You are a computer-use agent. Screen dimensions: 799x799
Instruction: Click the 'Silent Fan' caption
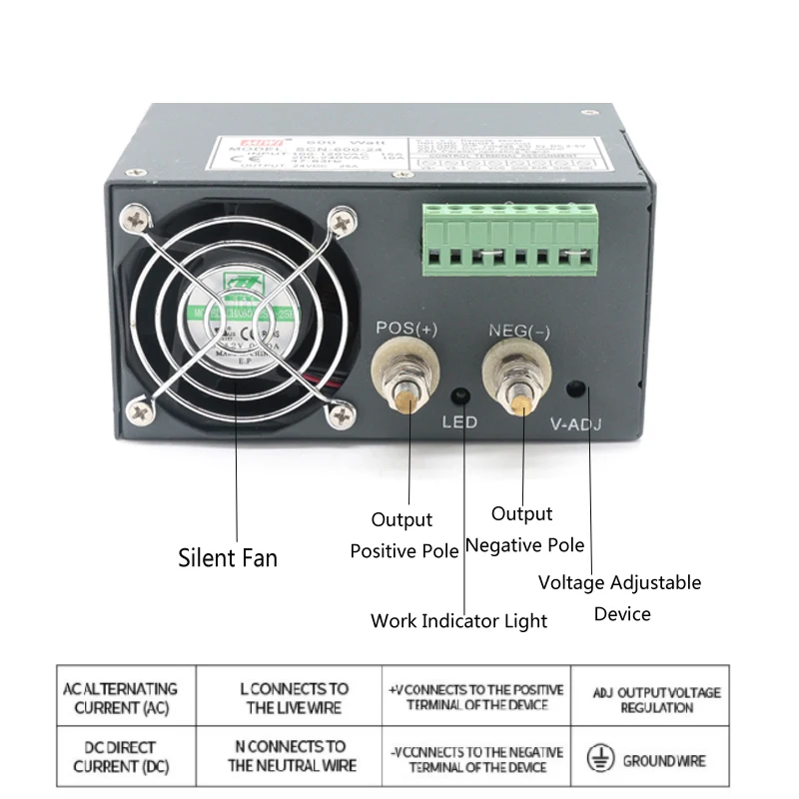[228, 556]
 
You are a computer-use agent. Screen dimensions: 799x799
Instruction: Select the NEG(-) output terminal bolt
[520, 375]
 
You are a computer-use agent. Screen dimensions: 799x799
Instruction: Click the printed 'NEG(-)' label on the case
[516, 331]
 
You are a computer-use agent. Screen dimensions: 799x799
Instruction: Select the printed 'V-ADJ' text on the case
[576, 423]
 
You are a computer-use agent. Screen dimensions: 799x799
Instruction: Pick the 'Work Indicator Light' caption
[458, 620]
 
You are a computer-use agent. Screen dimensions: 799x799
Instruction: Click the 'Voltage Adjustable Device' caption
[620, 597]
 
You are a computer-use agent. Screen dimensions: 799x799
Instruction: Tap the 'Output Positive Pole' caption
[403, 535]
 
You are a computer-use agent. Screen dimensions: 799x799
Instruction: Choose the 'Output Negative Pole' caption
[524, 529]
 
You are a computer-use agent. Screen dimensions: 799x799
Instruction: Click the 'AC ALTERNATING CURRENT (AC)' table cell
[120, 698]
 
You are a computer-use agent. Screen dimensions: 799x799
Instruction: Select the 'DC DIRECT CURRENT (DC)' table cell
[120, 756]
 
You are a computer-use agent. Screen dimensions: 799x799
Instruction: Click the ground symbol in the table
[599, 759]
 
